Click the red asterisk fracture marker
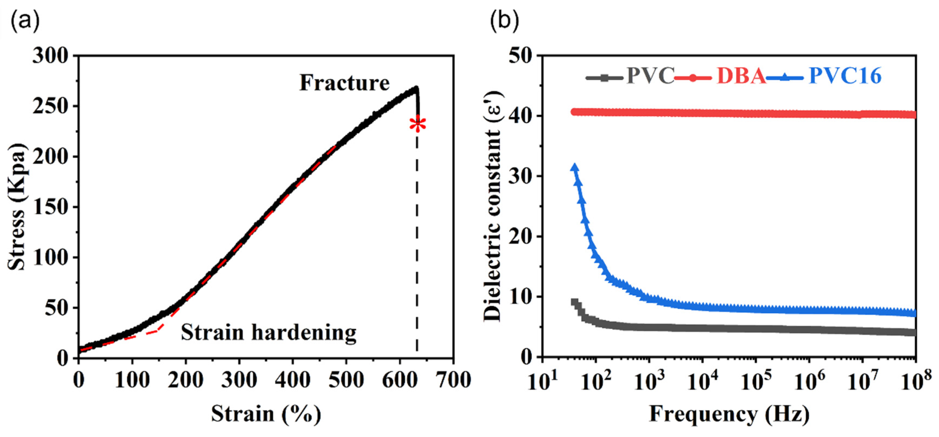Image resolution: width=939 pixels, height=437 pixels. coord(417,124)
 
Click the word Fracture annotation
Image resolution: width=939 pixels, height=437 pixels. coord(344,83)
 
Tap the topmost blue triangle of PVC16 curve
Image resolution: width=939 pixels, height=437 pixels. coord(575,167)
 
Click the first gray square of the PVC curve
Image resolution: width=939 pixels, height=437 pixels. coord(575,302)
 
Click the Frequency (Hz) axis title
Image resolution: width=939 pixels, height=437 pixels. coord(729,414)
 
